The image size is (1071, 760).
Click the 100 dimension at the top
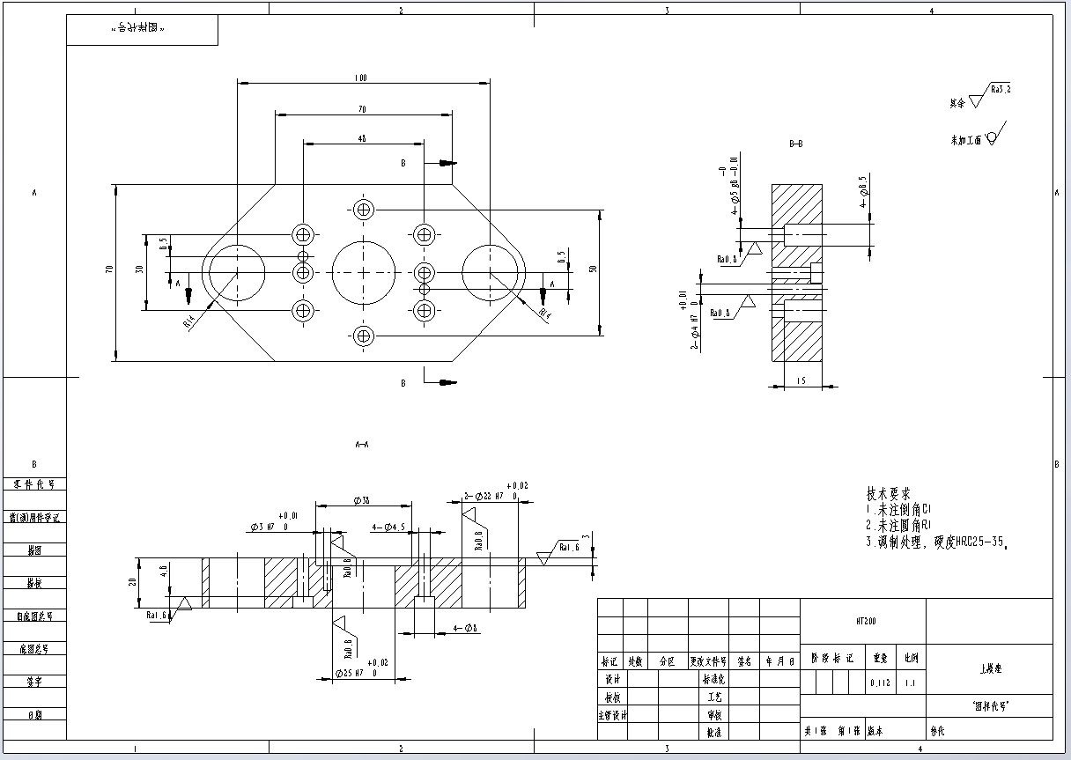(361, 78)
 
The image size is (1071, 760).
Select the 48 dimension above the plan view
(362, 139)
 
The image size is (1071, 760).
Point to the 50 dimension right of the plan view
(594, 268)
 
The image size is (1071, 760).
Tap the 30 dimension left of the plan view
(139, 269)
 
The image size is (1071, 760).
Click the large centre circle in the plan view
(364, 271)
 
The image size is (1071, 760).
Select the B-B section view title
(795, 143)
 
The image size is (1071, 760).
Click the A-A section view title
(361, 444)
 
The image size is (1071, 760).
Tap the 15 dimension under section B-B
(800, 380)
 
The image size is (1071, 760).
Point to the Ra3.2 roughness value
(1001, 90)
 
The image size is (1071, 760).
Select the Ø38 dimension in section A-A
(361, 500)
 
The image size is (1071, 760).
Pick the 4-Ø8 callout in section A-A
(465, 628)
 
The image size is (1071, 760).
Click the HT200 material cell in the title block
(862, 621)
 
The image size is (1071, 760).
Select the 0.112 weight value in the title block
(879, 683)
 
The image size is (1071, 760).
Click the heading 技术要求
(889, 494)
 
